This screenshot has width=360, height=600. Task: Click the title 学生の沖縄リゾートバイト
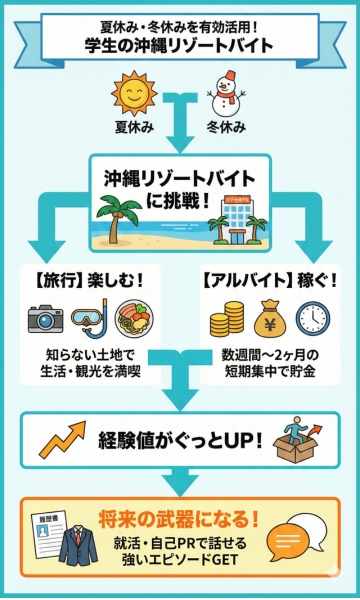(x=180, y=45)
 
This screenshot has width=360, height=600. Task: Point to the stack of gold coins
(x=222, y=320)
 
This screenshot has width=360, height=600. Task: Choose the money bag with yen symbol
(x=267, y=319)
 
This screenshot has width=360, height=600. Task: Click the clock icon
(x=313, y=318)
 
